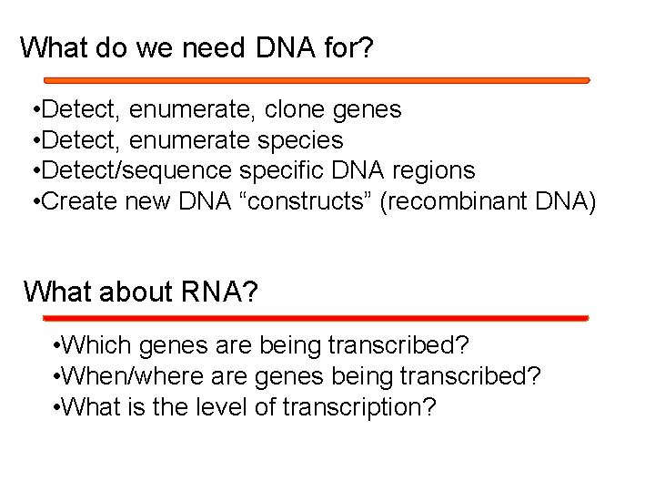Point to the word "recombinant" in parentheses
click(x=463, y=201)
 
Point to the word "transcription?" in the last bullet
click(x=359, y=406)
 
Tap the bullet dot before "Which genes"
click(x=57, y=347)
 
